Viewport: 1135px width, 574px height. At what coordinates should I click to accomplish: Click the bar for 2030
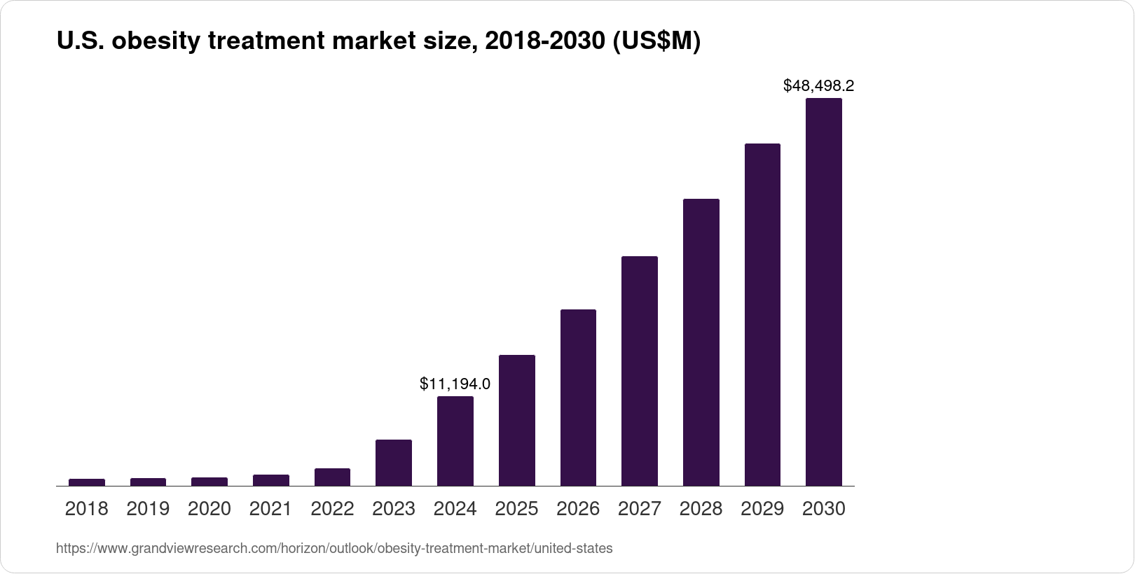click(824, 292)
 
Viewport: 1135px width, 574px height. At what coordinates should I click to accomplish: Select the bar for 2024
click(455, 441)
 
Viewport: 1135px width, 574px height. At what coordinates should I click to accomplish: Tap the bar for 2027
click(640, 371)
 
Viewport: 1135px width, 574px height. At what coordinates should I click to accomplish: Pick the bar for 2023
click(394, 463)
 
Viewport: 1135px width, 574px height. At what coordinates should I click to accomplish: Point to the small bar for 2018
click(87, 482)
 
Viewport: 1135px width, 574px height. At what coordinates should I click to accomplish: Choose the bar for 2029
click(762, 314)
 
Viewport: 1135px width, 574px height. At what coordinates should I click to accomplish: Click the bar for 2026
click(578, 398)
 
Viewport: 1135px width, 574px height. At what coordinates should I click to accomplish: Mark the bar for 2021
click(271, 480)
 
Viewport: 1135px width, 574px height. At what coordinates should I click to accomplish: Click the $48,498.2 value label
click(818, 86)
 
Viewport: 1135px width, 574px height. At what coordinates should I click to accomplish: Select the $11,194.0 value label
click(455, 384)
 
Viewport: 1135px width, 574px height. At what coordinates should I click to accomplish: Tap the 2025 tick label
click(516, 509)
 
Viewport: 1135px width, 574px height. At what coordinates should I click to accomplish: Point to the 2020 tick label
click(209, 509)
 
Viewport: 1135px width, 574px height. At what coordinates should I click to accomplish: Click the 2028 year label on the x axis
click(701, 509)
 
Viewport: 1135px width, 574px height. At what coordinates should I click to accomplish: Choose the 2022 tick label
click(332, 509)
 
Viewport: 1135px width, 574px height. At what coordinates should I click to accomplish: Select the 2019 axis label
click(148, 509)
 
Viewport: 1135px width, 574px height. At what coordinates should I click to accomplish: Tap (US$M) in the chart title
click(656, 42)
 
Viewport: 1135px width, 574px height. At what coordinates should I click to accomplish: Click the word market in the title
click(373, 42)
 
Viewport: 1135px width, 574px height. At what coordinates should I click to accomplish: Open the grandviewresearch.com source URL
click(334, 549)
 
